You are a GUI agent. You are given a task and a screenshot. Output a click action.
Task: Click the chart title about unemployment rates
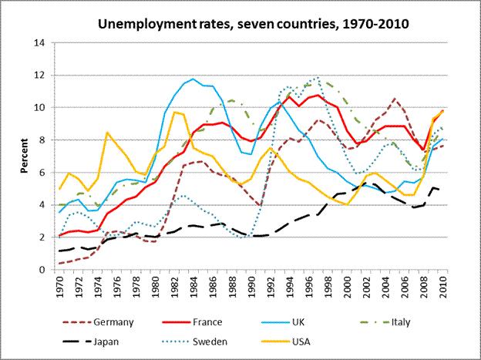coord(253,23)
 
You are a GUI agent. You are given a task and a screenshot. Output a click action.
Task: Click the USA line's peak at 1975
coord(107,133)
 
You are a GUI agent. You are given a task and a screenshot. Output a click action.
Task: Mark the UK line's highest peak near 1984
coord(193,78)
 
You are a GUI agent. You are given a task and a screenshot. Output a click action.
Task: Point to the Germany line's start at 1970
coord(59,264)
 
